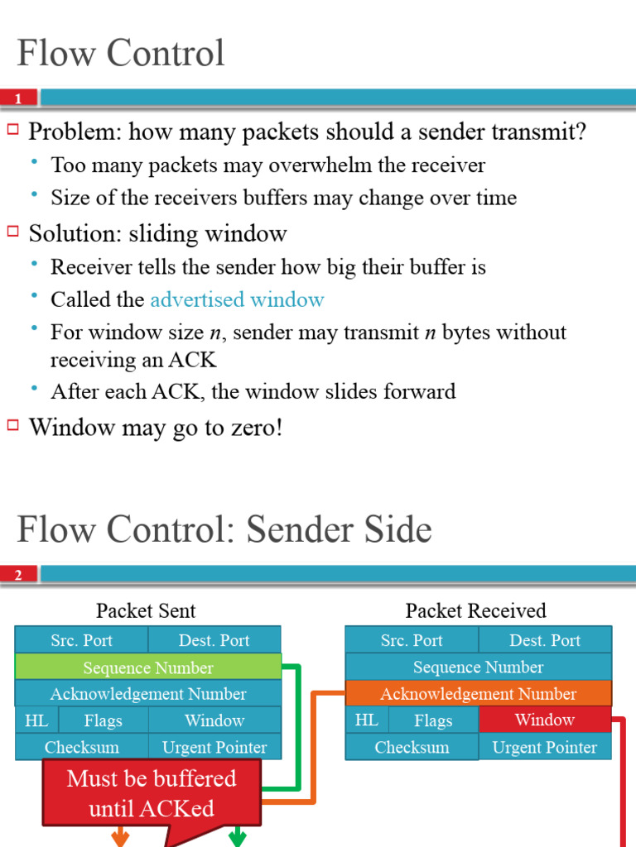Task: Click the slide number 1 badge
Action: (x=19, y=98)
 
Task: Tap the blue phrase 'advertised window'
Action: (x=237, y=299)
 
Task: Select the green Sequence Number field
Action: (x=148, y=668)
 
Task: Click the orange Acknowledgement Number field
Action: (x=478, y=694)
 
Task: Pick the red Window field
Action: (x=544, y=720)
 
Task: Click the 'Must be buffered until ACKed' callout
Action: (x=152, y=793)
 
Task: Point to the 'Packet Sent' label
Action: (x=146, y=611)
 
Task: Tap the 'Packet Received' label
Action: (x=475, y=611)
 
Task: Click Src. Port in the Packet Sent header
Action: (x=81, y=640)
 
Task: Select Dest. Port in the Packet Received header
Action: (x=545, y=640)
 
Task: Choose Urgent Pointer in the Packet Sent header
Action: (x=214, y=747)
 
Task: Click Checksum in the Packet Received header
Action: (x=412, y=747)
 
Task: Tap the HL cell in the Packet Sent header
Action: (x=36, y=720)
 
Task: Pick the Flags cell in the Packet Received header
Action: (x=433, y=720)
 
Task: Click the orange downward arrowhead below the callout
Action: (x=120, y=838)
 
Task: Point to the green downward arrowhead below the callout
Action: (x=238, y=838)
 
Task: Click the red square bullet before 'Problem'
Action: (x=12, y=129)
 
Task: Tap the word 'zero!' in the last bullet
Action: (x=255, y=428)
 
